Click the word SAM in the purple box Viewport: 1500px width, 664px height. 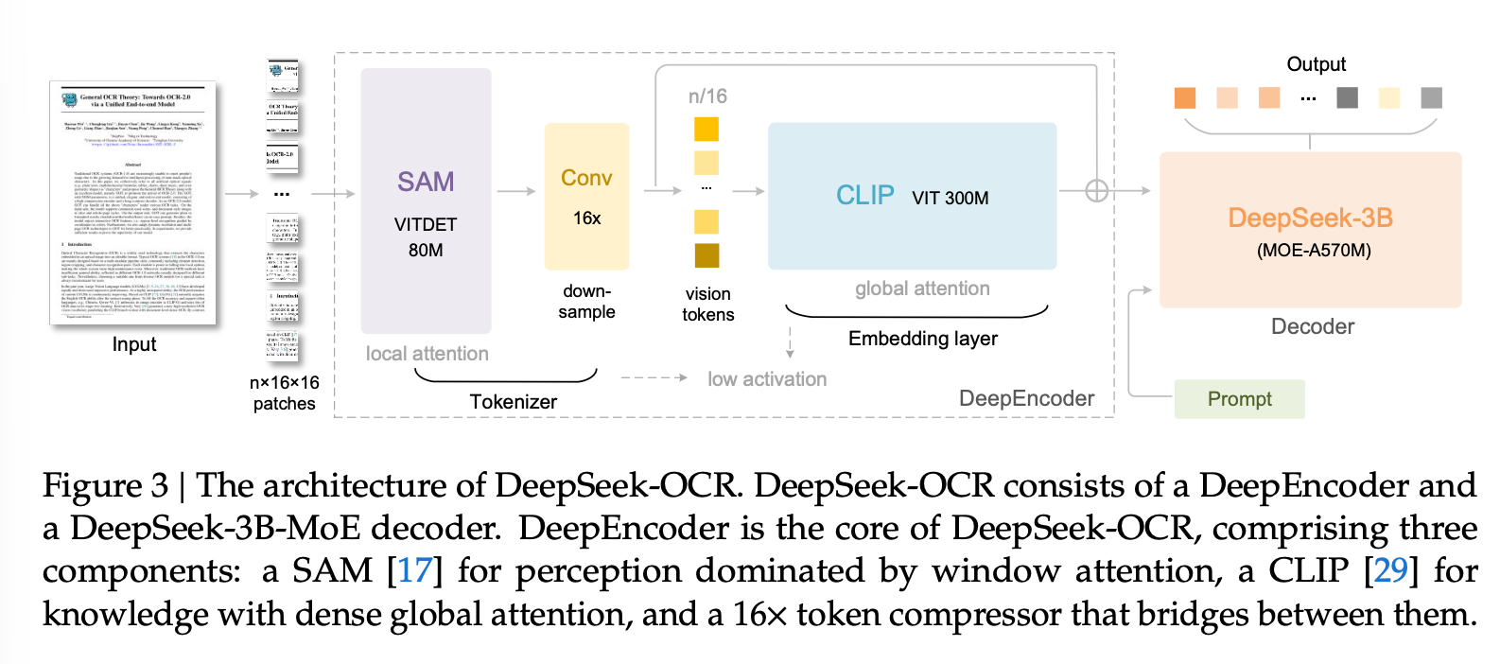[426, 182]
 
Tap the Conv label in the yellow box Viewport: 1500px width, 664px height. [586, 178]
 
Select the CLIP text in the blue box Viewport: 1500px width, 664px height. [864, 195]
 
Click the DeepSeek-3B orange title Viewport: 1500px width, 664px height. [1310, 218]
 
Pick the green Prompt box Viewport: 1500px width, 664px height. [1239, 399]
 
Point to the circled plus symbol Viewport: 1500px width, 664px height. [1096, 191]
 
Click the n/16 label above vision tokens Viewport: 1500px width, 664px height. [707, 96]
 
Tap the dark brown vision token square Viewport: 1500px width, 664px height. [706, 255]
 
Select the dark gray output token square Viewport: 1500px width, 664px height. [1347, 97]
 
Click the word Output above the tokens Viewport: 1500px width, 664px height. [1316, 64]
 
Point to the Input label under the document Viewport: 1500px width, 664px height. [134, 344]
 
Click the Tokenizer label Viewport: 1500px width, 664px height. [513, 402]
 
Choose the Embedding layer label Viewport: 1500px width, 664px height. [922, 339]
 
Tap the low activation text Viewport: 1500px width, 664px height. [766, 379]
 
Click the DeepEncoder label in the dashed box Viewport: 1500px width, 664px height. [1026, 398]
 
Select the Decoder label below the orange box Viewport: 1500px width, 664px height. [1312, 327]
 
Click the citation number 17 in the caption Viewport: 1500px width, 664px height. [414, 570]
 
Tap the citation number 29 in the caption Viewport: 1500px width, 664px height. [1390, 570]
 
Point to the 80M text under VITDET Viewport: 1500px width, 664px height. [426, 251]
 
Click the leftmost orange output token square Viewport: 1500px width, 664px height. [1184, 97]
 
